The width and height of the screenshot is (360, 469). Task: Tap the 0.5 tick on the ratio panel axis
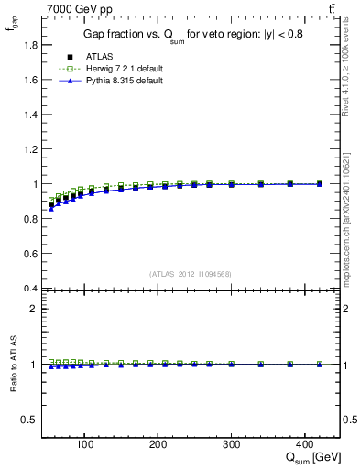(x=29, y=420)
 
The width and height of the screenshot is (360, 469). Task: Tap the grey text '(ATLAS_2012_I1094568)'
(x=190, y=273)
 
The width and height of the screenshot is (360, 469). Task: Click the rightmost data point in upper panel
(x=319, y=184)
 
